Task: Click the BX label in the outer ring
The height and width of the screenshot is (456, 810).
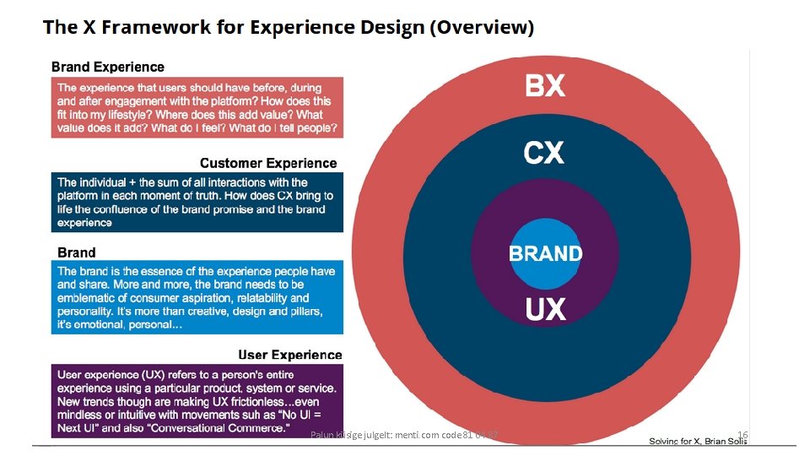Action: (545, 85)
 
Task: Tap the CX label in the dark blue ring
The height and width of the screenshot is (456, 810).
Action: (544, 153)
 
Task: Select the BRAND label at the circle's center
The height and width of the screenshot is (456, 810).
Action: (545, 253)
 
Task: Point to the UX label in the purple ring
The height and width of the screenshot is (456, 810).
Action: (545, 310)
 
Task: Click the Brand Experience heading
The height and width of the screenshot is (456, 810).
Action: (108, 67)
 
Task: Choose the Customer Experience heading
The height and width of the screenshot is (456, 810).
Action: (267, 163)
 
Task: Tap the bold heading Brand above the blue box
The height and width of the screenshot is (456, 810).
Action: (77, 252)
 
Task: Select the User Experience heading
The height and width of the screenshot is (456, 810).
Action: (289, 355)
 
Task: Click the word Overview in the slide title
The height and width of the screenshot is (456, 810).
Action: (483, 27)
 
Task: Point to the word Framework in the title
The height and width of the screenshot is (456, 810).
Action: (140, 27)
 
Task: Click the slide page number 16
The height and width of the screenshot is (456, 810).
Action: (742, 435)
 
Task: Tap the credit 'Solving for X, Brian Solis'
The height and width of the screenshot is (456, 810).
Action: (699, 441)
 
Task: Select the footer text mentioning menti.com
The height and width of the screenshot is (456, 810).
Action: (405, 435)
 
